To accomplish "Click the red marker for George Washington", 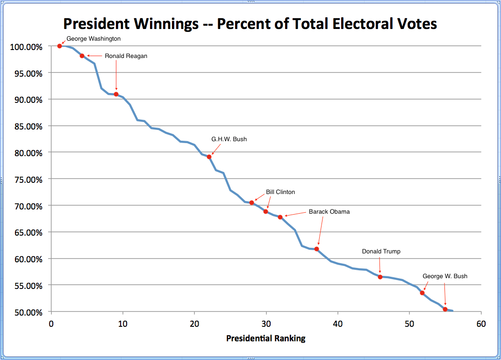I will [x=60, y=46].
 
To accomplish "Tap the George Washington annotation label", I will [x=93, y=39].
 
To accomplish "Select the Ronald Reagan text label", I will [x=126, y=56].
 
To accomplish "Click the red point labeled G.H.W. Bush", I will [x=209, y=157].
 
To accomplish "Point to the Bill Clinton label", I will [x=280, y=192].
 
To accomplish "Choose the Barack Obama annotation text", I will [x=329, y=212].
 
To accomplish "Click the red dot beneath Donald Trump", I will [x=380, y=277].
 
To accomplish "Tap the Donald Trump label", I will [x=381, y=252].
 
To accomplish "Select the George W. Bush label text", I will [x=445, y=276].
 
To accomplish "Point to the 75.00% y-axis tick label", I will [x=27, y=180].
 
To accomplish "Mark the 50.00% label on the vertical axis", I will [x=27, y=312].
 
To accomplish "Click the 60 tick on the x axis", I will [x=481, y=324].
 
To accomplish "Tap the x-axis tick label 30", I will [x=266, y=324].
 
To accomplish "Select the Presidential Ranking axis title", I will [x=265, y=338].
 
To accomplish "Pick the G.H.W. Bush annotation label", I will [x=229, y=139].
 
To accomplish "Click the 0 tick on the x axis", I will [x=51, y=324].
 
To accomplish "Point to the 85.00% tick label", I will [x=27, y=126].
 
